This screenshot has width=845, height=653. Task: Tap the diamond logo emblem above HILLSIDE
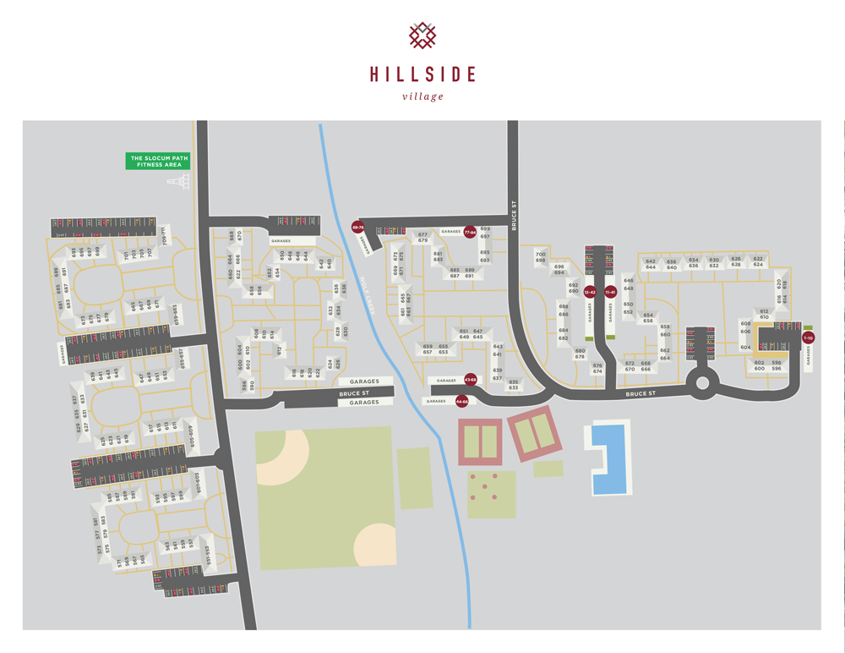pyautogui.click(x=422, y=36)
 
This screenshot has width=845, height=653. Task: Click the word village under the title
pyautogui.click(x=422, y=96)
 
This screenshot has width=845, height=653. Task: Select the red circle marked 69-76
pyautogui.click(x=357, y=227)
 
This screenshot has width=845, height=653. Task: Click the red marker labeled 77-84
pyautogui.click(x=471, y=231)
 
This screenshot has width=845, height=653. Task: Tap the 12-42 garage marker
pyautogui.click(x=590, y=292)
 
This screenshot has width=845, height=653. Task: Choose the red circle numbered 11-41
pyautogui.click(x=610, y=292)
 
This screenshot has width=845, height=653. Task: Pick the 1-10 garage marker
pyautogui.click(x=808, y=338)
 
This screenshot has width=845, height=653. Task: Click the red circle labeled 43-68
pyautogui.click(x=470, y=380)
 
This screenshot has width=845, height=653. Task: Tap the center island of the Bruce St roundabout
pyautogui.click(x=701, y=386)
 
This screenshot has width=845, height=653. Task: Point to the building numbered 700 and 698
pyautogui.click(x=541, y=256)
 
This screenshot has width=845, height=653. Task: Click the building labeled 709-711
pyautogui.click(x=165, y=233)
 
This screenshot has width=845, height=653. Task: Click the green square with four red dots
pyautogui.click(x=491, y=494)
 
